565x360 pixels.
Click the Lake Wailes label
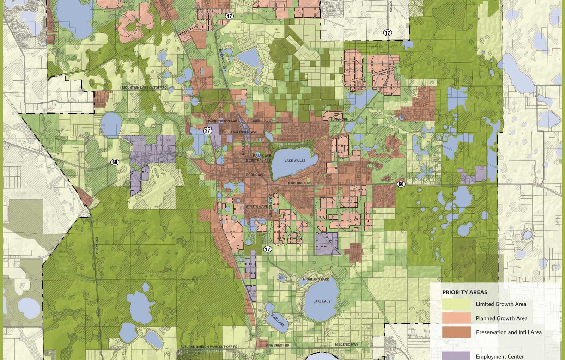click(295, 161)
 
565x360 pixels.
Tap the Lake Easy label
click(322, 301)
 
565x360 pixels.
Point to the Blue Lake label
click(278, 319)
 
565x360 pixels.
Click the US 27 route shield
click(207, 130)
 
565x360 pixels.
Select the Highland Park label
click(316, 279)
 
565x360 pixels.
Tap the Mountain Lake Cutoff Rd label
click(144, 88)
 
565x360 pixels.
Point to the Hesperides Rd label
click(299, 183)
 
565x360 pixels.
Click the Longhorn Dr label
click(342, 120)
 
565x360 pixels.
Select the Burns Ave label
click(261, 121)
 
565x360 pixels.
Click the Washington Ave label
click(222, 121)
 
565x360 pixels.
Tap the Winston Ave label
click(256, 207)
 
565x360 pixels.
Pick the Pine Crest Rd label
click(277, 345)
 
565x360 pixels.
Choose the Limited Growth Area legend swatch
click(456, 304)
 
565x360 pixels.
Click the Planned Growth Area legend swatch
click(456, 318)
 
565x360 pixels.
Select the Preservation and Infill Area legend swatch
click(456, 332)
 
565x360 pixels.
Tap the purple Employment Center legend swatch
click(456, 355)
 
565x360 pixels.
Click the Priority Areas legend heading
click(464, 292)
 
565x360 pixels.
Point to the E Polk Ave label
click(255, 175)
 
